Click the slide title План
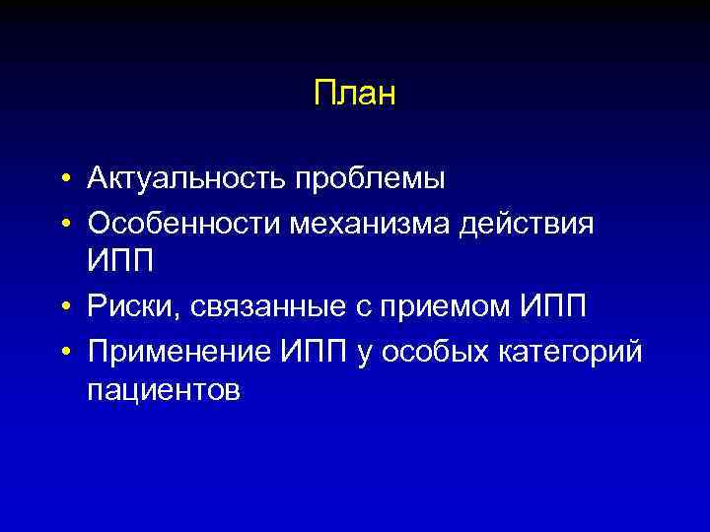pos(354,95)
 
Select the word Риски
pos(127,307)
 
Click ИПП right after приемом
pos(552,306)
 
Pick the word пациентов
pos(163,391)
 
